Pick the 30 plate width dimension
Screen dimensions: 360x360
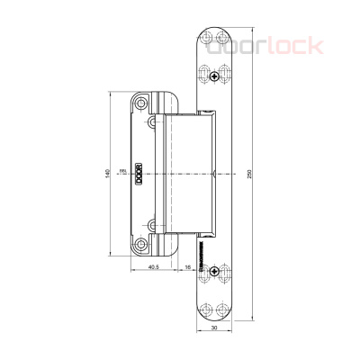212,328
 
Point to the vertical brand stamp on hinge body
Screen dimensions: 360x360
139,173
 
